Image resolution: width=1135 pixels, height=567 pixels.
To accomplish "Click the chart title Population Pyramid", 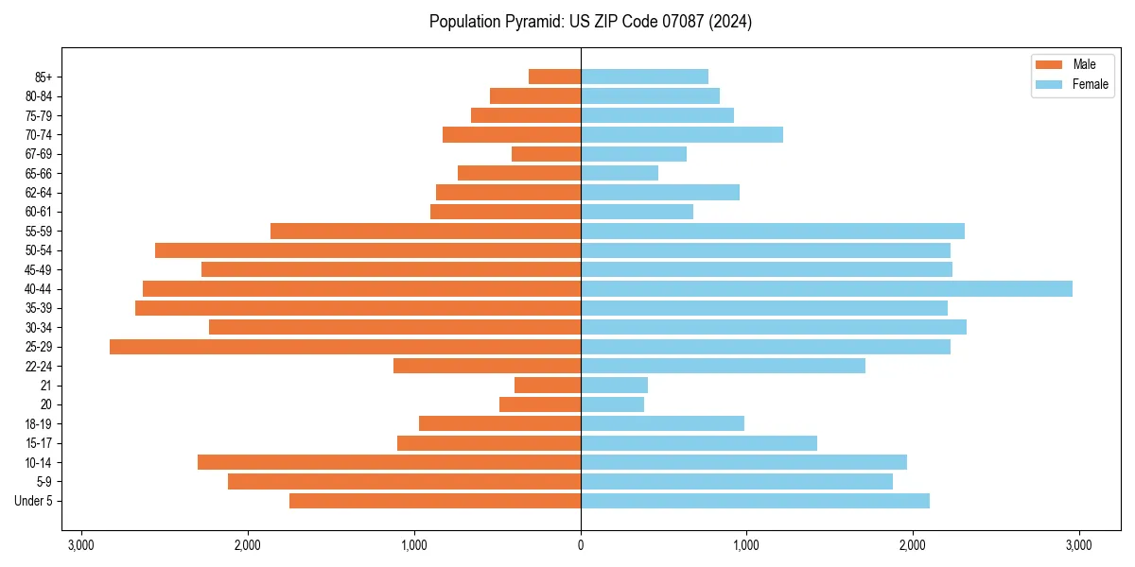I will [590, 22].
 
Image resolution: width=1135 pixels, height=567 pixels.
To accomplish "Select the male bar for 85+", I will [554, 77].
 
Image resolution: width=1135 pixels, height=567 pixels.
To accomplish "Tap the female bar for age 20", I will [612, 404].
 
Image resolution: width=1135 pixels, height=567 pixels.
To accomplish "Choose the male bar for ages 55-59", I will [425, 232].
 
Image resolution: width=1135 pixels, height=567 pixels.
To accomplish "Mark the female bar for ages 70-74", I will [681, 135].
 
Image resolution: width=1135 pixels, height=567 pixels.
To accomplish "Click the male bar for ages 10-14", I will [389, 462].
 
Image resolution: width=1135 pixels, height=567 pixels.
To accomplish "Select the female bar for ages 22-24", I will [723, 366].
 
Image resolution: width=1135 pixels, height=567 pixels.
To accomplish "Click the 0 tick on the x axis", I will [581, 545].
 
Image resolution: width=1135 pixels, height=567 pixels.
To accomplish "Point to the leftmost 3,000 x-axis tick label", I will [81, 545].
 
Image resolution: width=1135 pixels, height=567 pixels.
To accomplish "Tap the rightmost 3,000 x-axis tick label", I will [1078, 545].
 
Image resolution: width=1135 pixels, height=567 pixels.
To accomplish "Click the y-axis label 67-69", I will [38, 154].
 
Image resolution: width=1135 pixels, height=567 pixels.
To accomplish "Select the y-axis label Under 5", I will [34, 501].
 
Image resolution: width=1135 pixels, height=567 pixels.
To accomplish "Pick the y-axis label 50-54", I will [38, 250].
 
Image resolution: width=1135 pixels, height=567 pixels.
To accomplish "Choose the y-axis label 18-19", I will [38, 424].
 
